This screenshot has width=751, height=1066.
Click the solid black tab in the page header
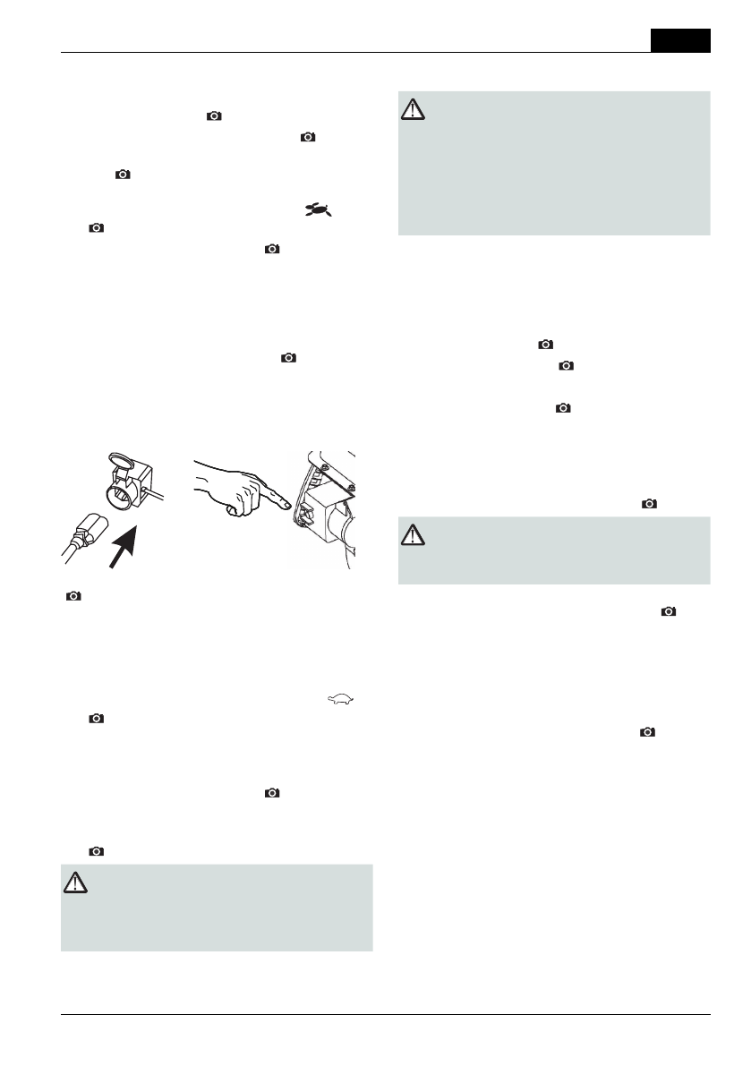pyautogui.click(x=680, y=40)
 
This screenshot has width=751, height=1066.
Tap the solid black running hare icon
pyautogui.click(x=319, y=210)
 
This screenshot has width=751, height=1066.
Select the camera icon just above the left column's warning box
pyautogui.click(x=97, y=851)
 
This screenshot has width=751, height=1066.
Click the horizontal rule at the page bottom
pyautogui.click(x=386, y=1014)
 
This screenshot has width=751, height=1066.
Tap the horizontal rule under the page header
pyautogui.click(x=358, y=53)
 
